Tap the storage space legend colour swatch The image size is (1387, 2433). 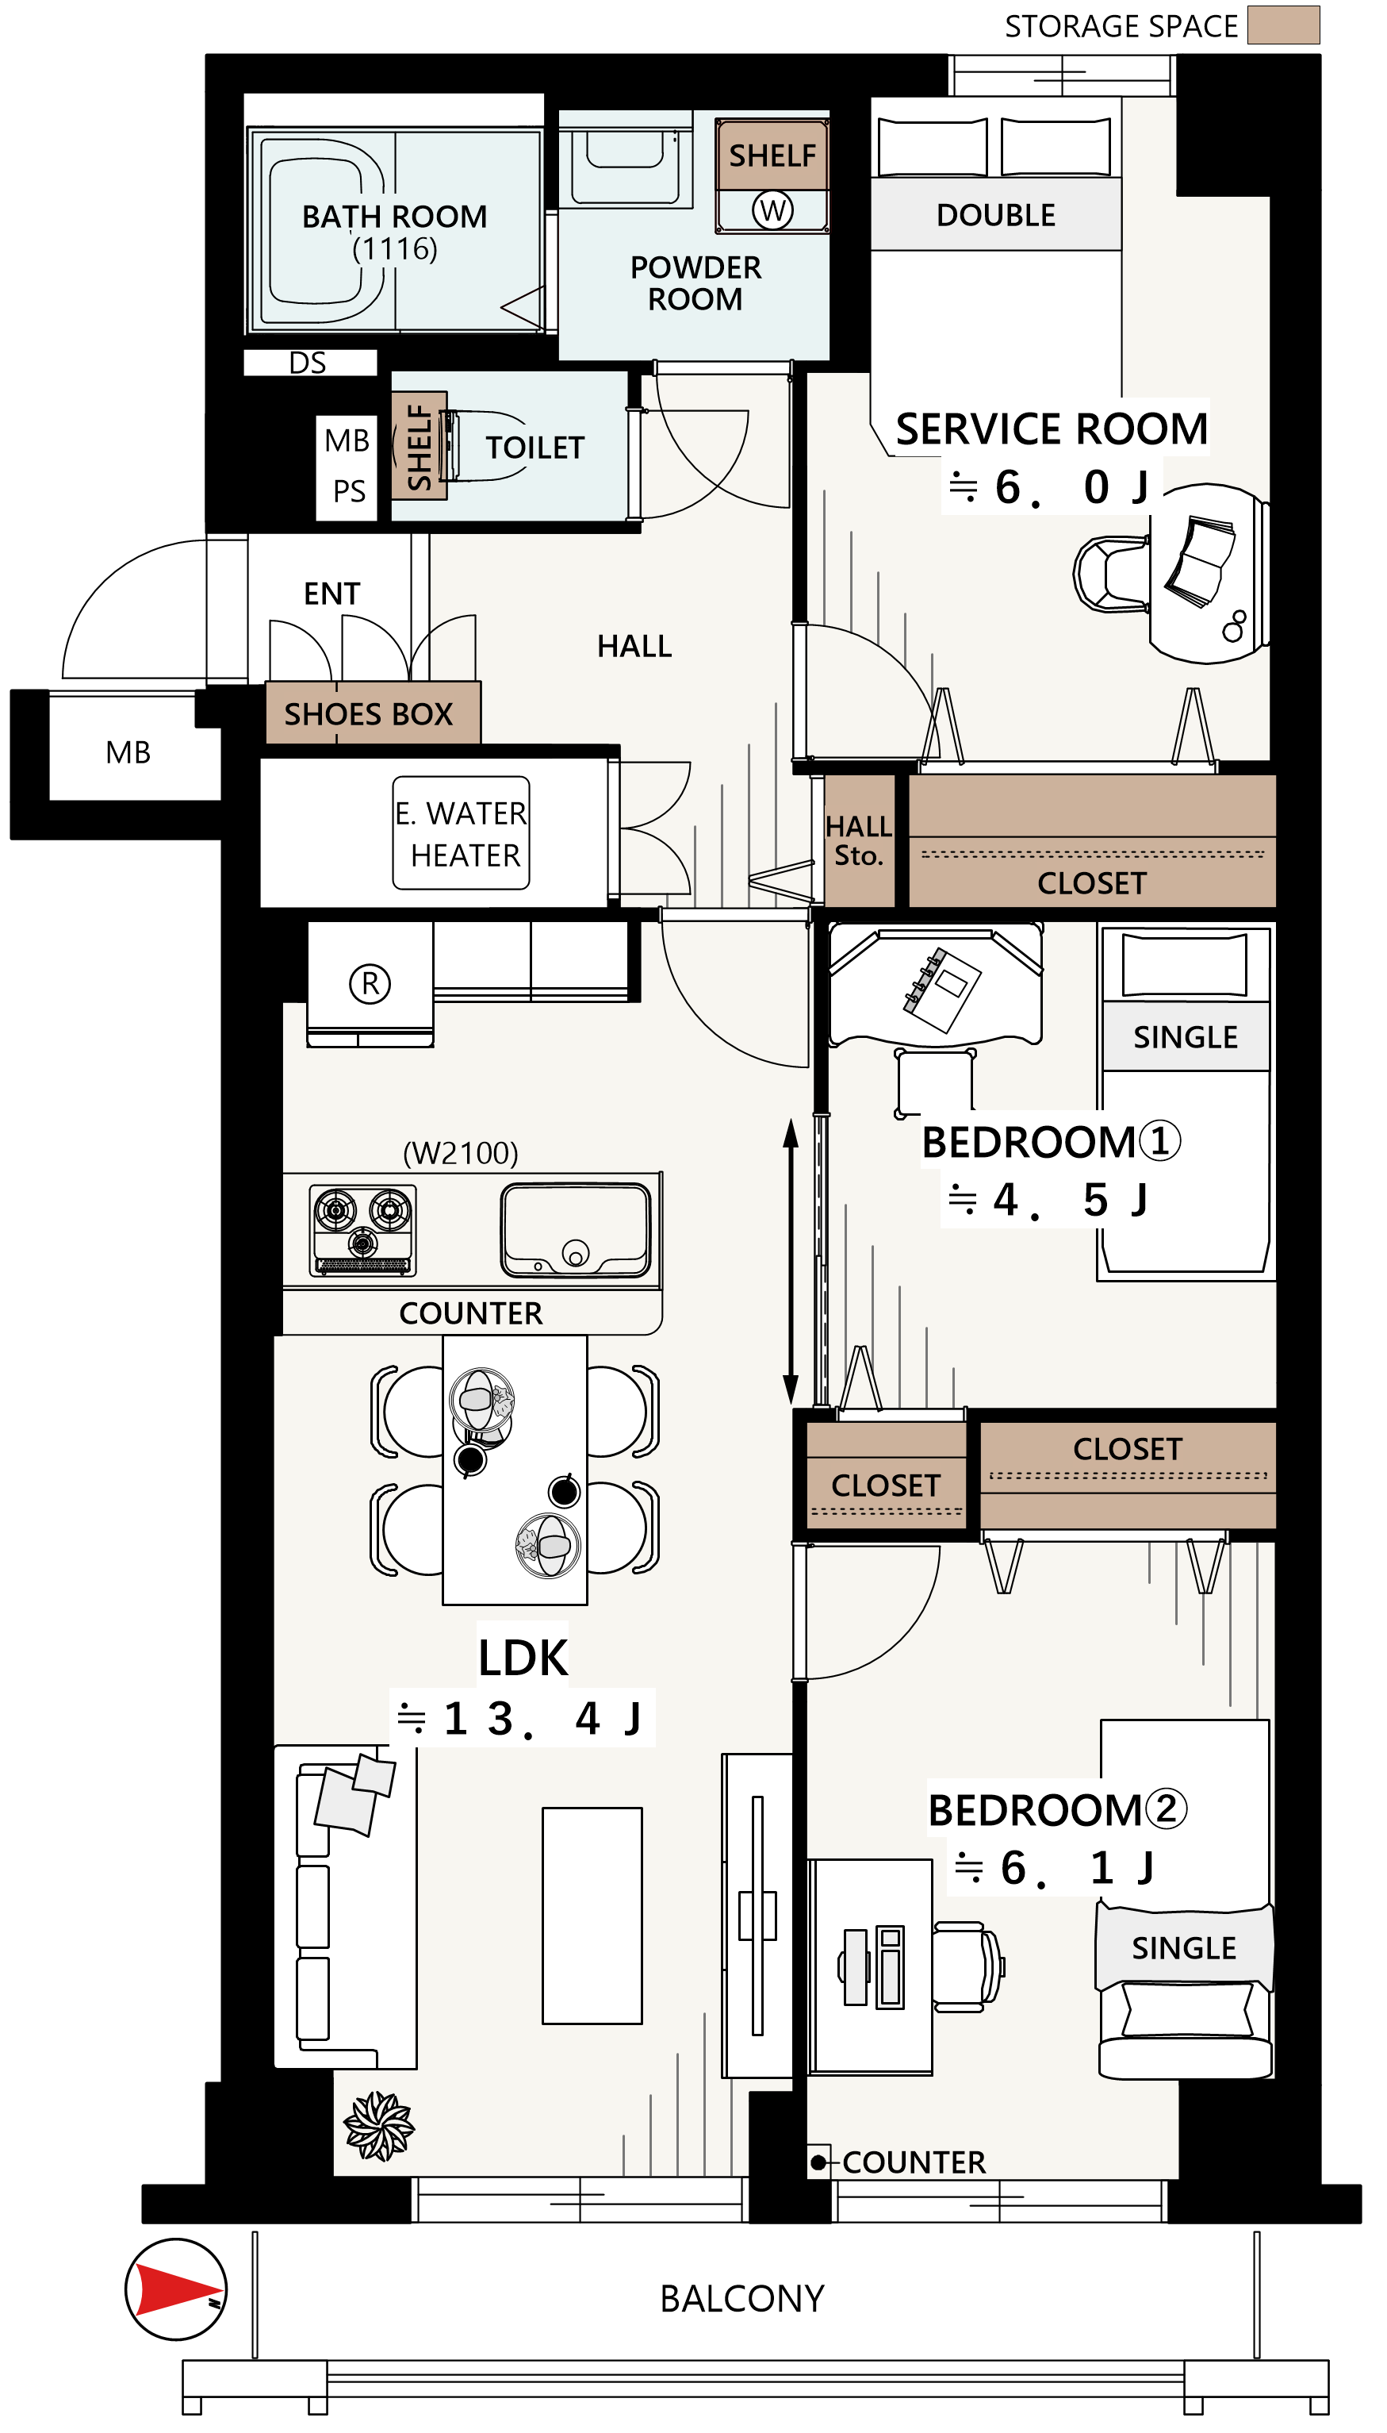1283,25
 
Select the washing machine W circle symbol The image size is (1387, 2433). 772,209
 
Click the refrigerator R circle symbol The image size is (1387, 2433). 370,982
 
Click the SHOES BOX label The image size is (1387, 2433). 368,714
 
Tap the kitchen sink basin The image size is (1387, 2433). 577,1229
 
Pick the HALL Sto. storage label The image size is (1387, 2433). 858,840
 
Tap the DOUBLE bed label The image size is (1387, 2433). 995,215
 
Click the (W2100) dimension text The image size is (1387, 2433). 460,1153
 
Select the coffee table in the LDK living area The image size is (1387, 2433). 592,1915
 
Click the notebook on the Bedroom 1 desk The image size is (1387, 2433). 942,990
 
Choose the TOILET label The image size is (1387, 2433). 534,448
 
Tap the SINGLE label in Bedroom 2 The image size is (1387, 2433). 1183,1948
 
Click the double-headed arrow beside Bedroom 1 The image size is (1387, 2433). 791,1261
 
